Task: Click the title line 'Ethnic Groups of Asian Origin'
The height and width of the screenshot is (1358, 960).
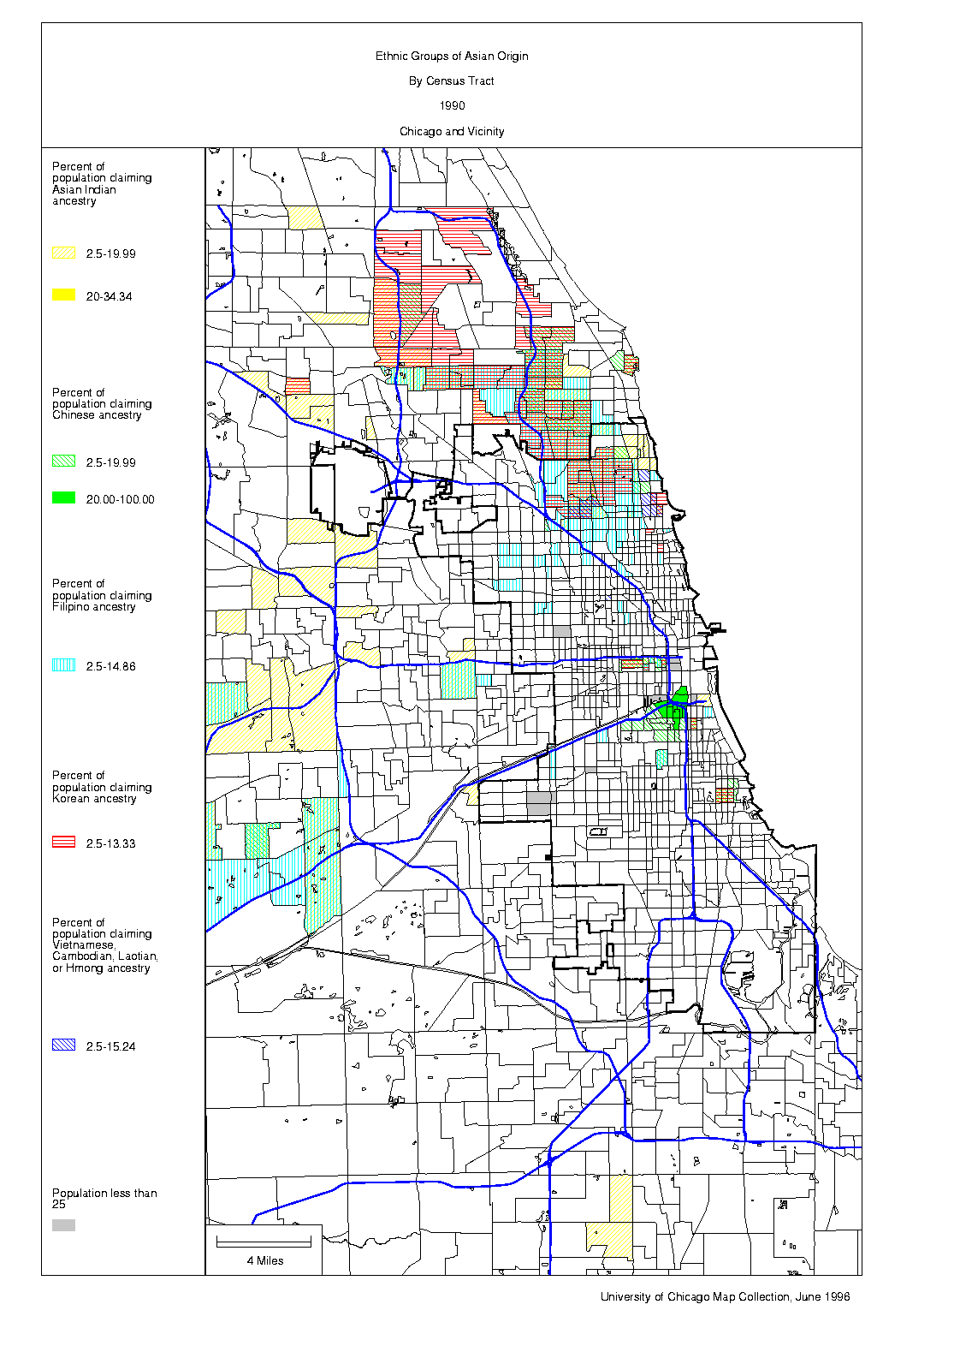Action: tap(452, 57)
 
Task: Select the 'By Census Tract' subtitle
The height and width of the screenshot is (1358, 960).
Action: tap(452, 81)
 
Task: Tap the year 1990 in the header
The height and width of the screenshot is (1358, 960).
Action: tap(452, 106)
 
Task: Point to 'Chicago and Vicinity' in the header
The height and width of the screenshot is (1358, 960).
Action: tap(452, 132)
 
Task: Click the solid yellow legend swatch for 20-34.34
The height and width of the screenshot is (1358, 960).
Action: tap(63, 295)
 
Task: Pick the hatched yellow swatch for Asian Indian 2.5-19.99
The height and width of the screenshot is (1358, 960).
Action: tap(63, 253)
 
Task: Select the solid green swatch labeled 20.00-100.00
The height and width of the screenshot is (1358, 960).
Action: tap(63, 498)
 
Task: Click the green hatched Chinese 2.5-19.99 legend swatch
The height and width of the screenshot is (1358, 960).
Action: tap(63, 462)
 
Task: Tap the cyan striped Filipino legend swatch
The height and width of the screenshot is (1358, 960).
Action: tap(63, 665)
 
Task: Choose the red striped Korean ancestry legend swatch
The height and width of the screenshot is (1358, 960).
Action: tap(63, 843)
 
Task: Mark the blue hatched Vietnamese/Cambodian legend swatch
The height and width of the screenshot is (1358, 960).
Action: tap(63, 1045)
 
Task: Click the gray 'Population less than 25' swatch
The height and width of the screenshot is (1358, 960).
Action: tap(63, 1225)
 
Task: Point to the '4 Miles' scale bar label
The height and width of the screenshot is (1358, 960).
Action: tap(265, 1260)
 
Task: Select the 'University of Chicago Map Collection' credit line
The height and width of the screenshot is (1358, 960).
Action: tap(725, 1297)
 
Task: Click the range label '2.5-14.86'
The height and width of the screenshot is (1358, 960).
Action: tap(110, 666)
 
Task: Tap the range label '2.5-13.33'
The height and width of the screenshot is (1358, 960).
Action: tap(110, 843)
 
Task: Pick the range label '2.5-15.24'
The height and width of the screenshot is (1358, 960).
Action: tap(110, 1046)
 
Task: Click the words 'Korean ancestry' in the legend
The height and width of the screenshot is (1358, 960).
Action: tap(94, 799)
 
